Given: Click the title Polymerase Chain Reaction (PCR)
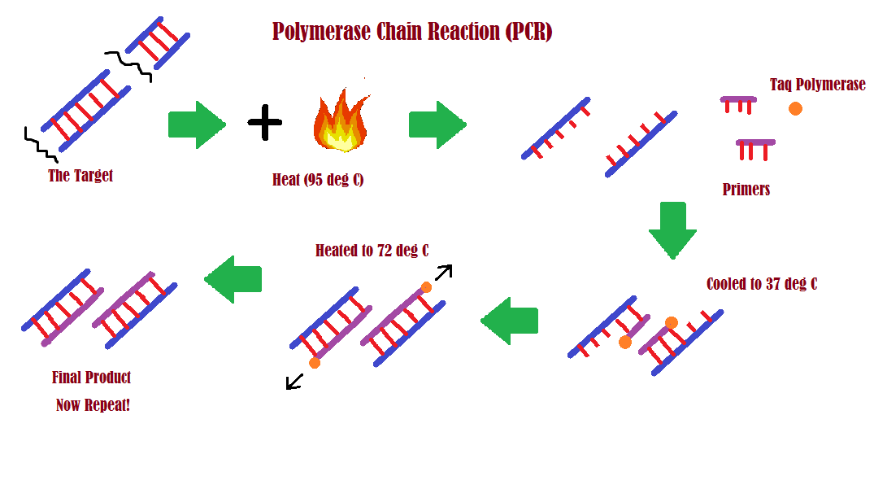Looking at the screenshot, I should tap(411, 32).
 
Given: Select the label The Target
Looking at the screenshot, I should tap(80, 176).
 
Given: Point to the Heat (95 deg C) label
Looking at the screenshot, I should tap(318, 180).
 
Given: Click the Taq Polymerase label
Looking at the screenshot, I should tap(817, 85).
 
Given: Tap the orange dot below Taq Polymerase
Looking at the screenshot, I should tap(795, 108).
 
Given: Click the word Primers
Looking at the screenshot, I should tap(746, 190).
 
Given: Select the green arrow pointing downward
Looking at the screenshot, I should tap(672, 230).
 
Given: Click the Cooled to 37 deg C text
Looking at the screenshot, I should tap(761, 284).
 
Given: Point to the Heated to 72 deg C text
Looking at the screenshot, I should tap(372, 251).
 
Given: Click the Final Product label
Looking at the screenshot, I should tap(91, 378).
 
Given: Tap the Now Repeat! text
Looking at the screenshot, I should tap(93, 405).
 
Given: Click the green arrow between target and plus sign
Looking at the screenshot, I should tap(196, 125).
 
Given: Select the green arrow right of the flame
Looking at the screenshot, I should tap(437, 125).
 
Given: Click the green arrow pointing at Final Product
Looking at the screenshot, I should tap(233, 279).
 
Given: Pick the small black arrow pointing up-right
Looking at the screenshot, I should tap(443, 273).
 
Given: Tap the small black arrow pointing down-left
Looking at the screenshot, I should tap(294, 381).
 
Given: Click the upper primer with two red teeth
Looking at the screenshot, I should tap(738, 103).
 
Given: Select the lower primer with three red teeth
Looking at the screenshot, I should tap(755, 148).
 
